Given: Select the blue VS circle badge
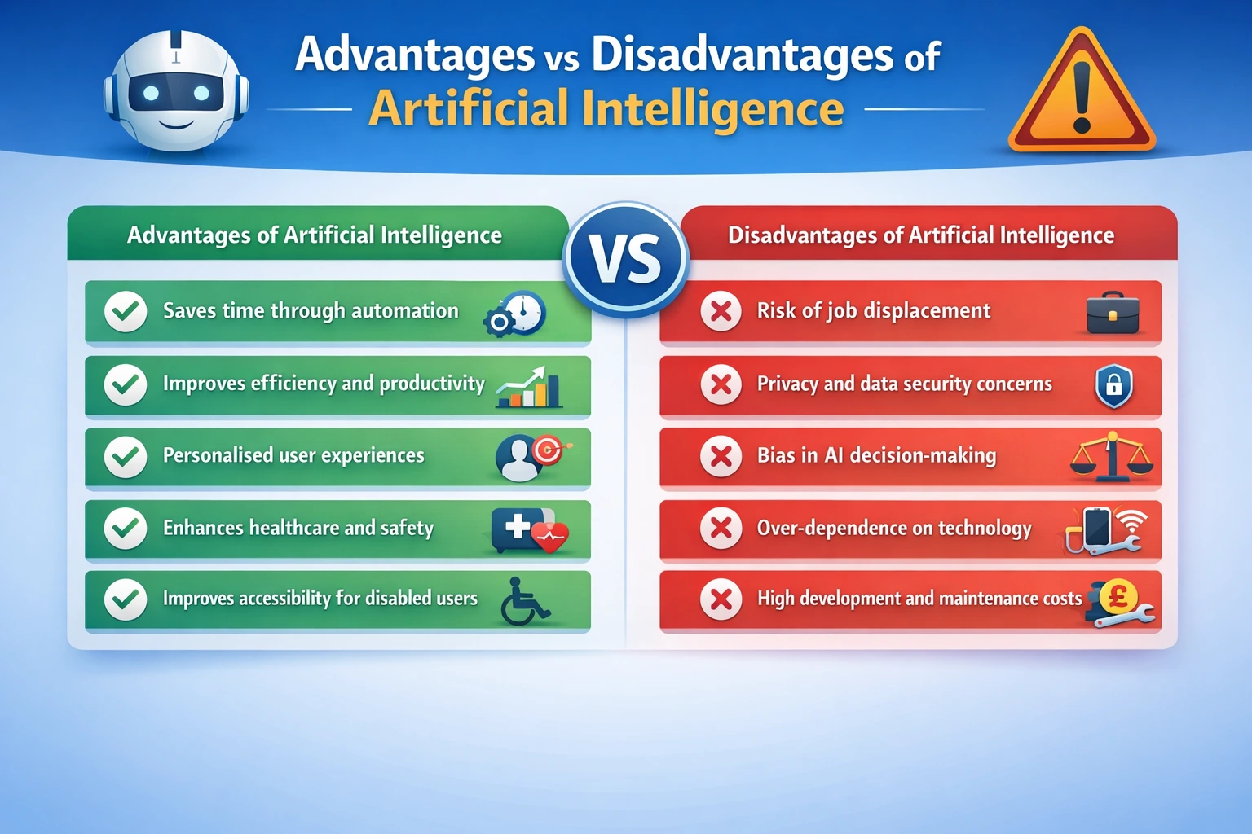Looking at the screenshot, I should pyautogui.click(x=625, y=259).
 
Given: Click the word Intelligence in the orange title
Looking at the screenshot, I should pyautogui.click(x=713, y=109).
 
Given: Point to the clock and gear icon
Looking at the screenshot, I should pyautogui.click(x=516, y=314).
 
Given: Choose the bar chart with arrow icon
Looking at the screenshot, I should pyautogui.click(x=529, y=387).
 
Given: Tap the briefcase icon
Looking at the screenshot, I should pyautogui.click(x=1113, y=313).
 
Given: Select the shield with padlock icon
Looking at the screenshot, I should pyautogui.click(x=1113, y=385).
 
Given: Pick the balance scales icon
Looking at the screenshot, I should pyautogui.click(x=1112, y=458).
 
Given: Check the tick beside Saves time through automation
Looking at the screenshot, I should pyautogui.click(x=126, y=311).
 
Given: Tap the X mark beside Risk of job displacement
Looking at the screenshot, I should pyautogui.click(x=721, y=311).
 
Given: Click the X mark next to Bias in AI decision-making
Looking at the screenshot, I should pyautogui.click(x=721, y=456).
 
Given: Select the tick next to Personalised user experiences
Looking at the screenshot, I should pyautogui.click(x=126, y=456).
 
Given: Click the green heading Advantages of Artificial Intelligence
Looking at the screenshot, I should pyautogui.click(x=315, y=235).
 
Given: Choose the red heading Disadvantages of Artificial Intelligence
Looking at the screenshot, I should pyautogui.click(x=920, y=235).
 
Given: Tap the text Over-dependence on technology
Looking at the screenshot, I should pyautogui.click(x=894, y=528).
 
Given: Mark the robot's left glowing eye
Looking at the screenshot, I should pyautogui.click(x=151, y=94).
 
